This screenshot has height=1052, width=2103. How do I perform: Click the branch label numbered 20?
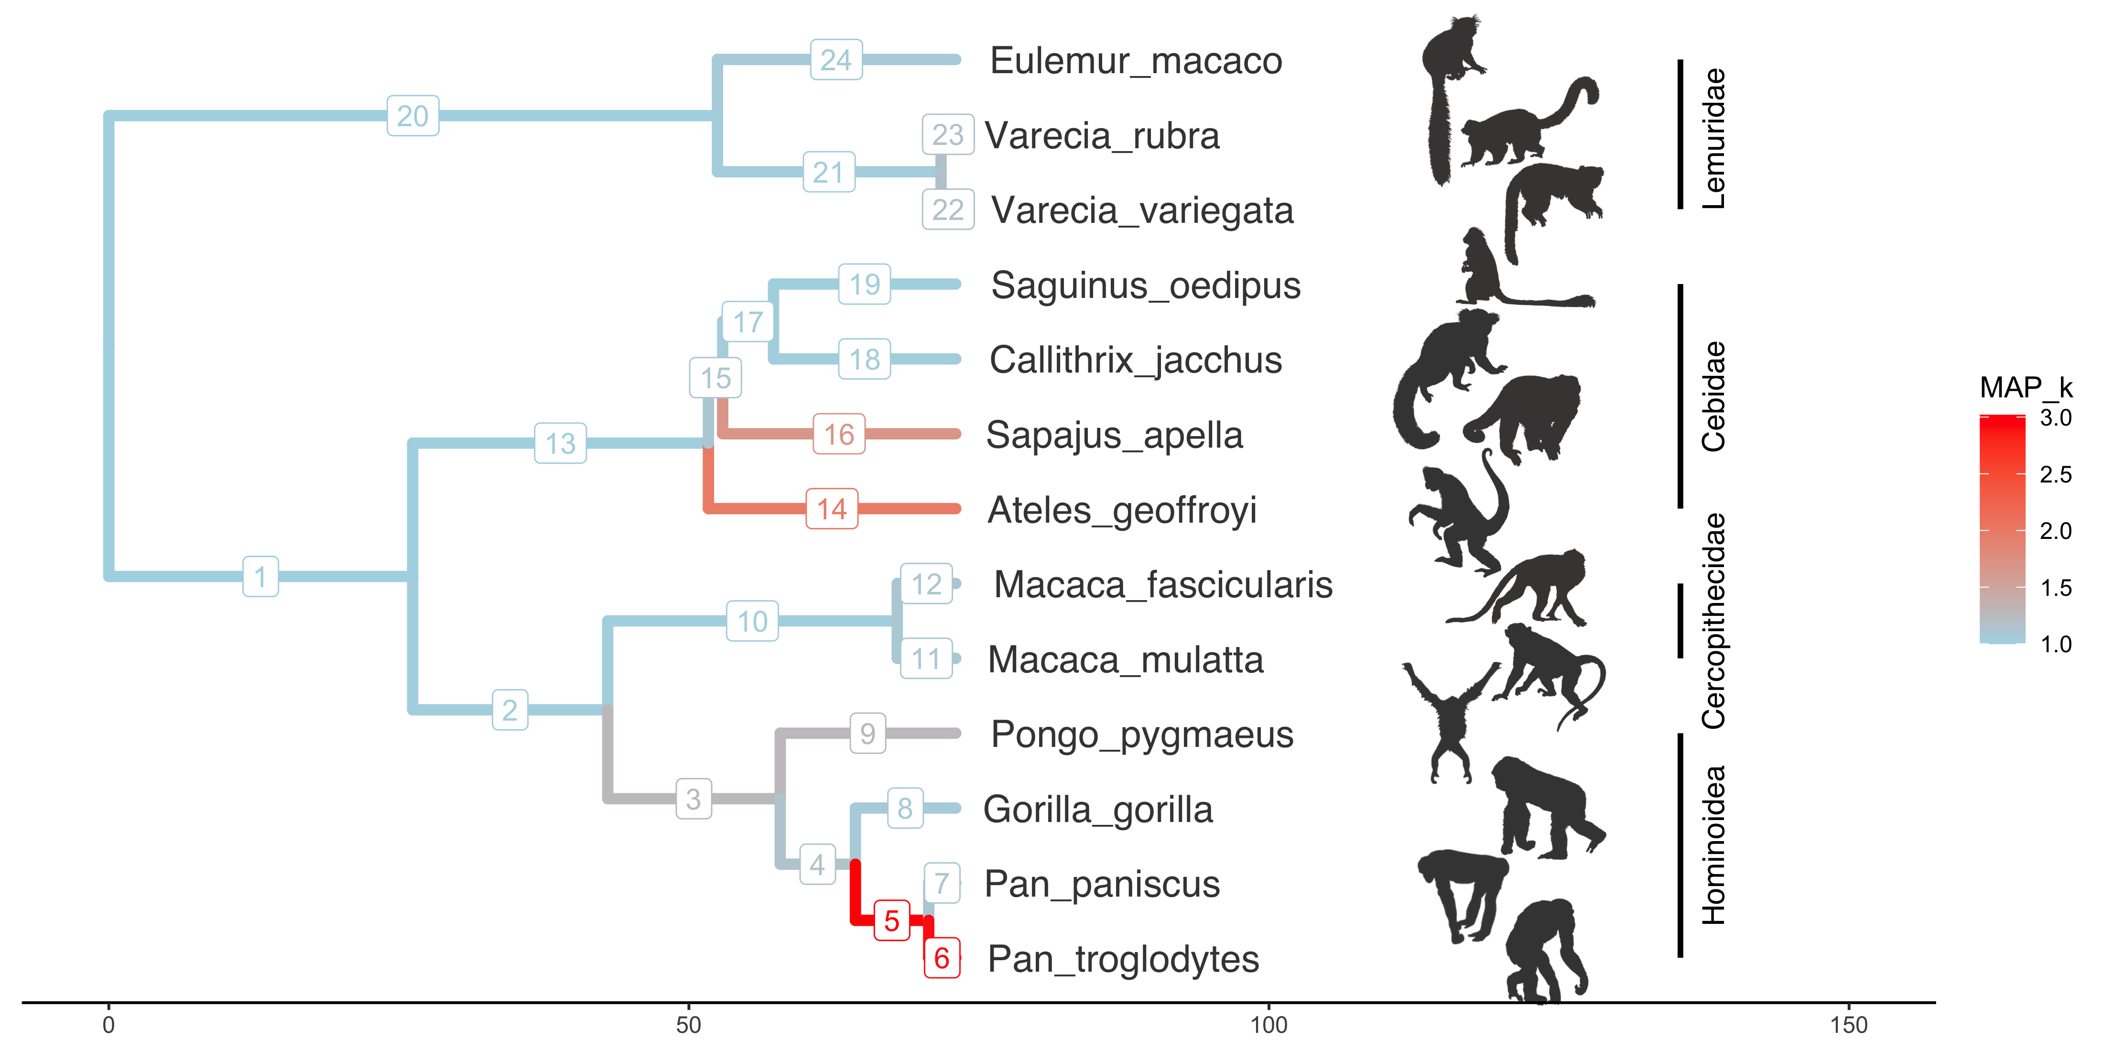pyautogui.click(x=412, y=116)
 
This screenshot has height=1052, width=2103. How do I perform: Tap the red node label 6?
pyautogui.click(x=941, y=958)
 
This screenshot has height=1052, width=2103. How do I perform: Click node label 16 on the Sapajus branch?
pyautogui.click(x=838, y=435)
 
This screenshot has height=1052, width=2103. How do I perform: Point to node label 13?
pyautogui.click(x=560, y=443)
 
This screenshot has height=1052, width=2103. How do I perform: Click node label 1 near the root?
pyautogui.click(x=260, y=577)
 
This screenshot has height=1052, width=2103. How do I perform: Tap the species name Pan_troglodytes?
pyautogui.click(x=1123, y=959)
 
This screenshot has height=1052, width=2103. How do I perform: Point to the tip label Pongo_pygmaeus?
pyautogui.click(x=1141, y=734)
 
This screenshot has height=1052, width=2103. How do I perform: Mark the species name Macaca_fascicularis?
pyautogui.click(x=1162, y=585)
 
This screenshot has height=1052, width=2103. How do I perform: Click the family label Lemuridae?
pyautogui.click(x=1713, y=138)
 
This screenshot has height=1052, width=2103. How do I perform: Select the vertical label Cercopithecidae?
pyautogui.click(x=1713, y=621)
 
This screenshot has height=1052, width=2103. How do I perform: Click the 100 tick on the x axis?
pyautogui.click(x=1268, y=1025)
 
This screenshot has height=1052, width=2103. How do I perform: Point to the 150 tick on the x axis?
pyautogui.click(x=1848, y=1025)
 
